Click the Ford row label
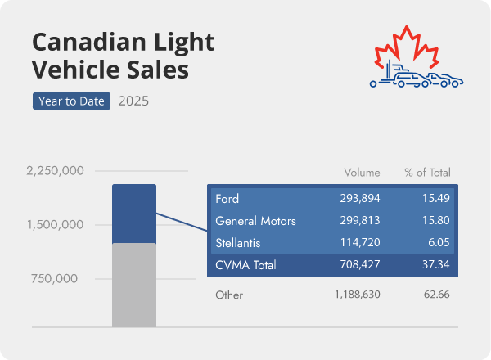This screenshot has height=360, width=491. (x=227, y=199)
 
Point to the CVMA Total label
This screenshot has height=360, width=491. (x=245, y=265)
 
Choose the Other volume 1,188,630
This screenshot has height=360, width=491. (x=357, y=293)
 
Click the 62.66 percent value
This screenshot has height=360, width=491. (x=436, y=293)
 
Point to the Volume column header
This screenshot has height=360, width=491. (x=362, y=173)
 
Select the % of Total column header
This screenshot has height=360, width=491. (x=427, y=173)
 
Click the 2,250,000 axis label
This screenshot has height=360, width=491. (x=56, y=171)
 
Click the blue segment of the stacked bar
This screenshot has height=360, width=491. (x=133, y=213)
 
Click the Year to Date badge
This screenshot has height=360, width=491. (x=71, y=101)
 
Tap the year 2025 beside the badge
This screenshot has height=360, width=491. (x=133, y=101)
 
